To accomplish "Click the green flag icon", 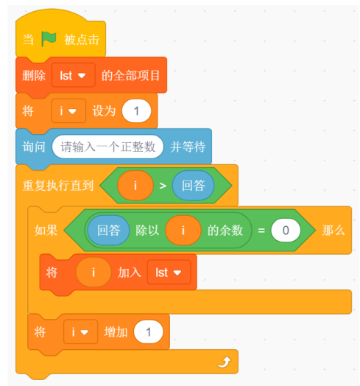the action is (x=49, y=39).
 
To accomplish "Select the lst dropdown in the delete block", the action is (x=74, y=75).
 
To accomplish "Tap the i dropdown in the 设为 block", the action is (x=68, y=110).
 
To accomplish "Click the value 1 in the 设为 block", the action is (x=136, y=110).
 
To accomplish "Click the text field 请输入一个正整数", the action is (x=107, y=147).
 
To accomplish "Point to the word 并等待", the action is (x=188, y=147).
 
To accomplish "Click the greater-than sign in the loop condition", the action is (x=163, y=186).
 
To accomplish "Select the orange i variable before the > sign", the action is (x=135, y=186).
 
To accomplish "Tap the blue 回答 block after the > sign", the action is (x=193, y=186).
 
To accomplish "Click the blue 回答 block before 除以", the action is (x=108, y=230).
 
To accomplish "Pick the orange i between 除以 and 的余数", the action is (x=183, y=230).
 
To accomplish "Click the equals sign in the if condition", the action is (x=261, y=231).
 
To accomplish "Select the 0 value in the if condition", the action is (x=286, y=230).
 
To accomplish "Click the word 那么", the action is (x=333, y=231).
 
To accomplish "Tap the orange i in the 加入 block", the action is (x=93, y=273).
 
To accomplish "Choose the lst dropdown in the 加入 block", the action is (x=169, y=273).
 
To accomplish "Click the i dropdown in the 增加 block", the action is (x=80, y=331).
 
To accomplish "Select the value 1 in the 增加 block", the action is (x=149, y=331).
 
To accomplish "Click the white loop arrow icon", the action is (x=224, y=362).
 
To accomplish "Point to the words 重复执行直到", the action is (x=58, y=186).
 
